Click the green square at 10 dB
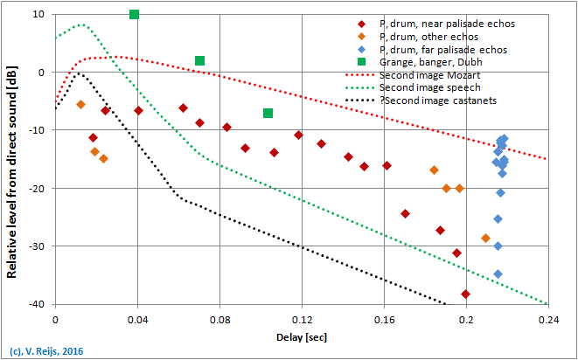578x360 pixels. click(x=134, y=15)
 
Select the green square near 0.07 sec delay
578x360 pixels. click(x=199, y=61)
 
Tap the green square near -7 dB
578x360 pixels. click(x=268, y=113)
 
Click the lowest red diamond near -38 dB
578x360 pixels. click(x=465, y=294)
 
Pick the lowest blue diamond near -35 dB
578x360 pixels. click(x=498, y=274)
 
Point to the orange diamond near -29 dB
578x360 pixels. click(x=485, y=238)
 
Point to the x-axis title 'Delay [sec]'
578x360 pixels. click(x=303, y=336)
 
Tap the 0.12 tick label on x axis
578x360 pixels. click(x=302, y=320)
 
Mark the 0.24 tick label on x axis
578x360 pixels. click(x=548, y=320)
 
